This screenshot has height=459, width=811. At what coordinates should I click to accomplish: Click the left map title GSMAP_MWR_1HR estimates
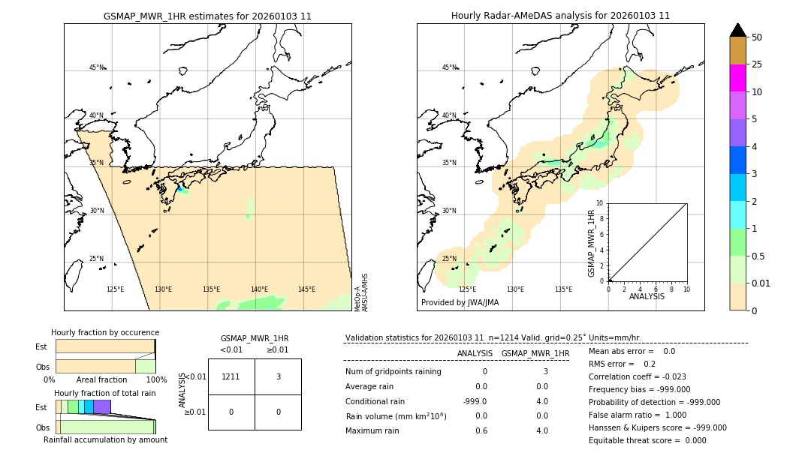[207, 16]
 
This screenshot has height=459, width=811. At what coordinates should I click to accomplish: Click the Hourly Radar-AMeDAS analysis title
[560, 16]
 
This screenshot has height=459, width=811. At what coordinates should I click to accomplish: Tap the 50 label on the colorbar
[757, 37]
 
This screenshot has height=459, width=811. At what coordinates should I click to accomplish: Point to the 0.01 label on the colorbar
[761, 283]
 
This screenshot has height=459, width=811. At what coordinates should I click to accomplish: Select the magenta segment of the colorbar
[737, 78]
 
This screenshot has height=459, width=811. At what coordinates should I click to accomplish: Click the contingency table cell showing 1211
[231, 376]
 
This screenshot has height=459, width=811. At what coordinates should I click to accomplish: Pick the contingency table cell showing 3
[278, 376]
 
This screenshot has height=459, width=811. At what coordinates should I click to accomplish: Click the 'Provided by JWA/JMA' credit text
[460, 302]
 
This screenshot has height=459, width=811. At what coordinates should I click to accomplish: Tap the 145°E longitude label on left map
[306, 289]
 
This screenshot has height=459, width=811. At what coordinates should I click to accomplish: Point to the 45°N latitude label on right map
[449, 67]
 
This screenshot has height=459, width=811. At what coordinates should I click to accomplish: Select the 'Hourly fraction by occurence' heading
[105, 332]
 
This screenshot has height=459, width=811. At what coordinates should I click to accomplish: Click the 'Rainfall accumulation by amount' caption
[105, 439]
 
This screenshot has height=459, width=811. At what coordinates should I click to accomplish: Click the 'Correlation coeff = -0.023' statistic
[638, 376]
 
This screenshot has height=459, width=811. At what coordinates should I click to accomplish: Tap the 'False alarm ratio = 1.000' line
[638, 415]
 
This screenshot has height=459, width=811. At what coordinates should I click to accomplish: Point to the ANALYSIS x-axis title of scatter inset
[647, 296]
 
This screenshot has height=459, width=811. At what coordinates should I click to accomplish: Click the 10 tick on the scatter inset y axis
[600, 203]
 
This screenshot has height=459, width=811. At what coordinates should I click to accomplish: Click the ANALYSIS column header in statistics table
[475, 353]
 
